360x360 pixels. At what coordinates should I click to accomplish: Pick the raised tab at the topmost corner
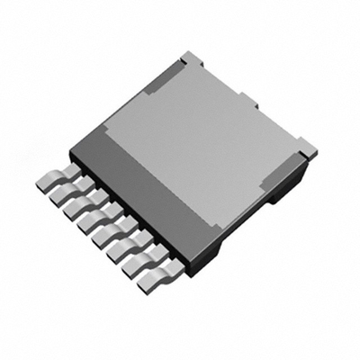pyautogui.click(x=187, y=58)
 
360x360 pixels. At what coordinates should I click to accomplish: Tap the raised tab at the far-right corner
pyautogui.click(x=307, y=147)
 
